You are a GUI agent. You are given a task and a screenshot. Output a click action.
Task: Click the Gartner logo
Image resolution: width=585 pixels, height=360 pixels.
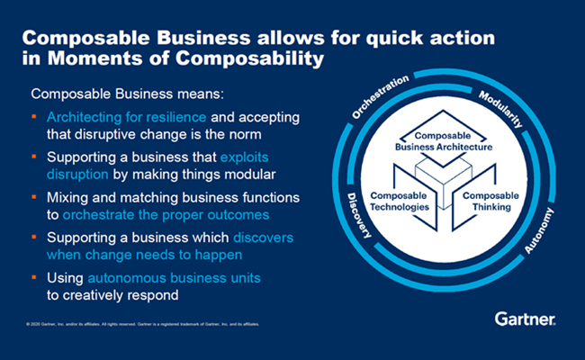pos(524,318)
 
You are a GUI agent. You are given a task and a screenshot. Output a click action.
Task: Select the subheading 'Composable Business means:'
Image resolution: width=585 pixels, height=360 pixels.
pos(113,93)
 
